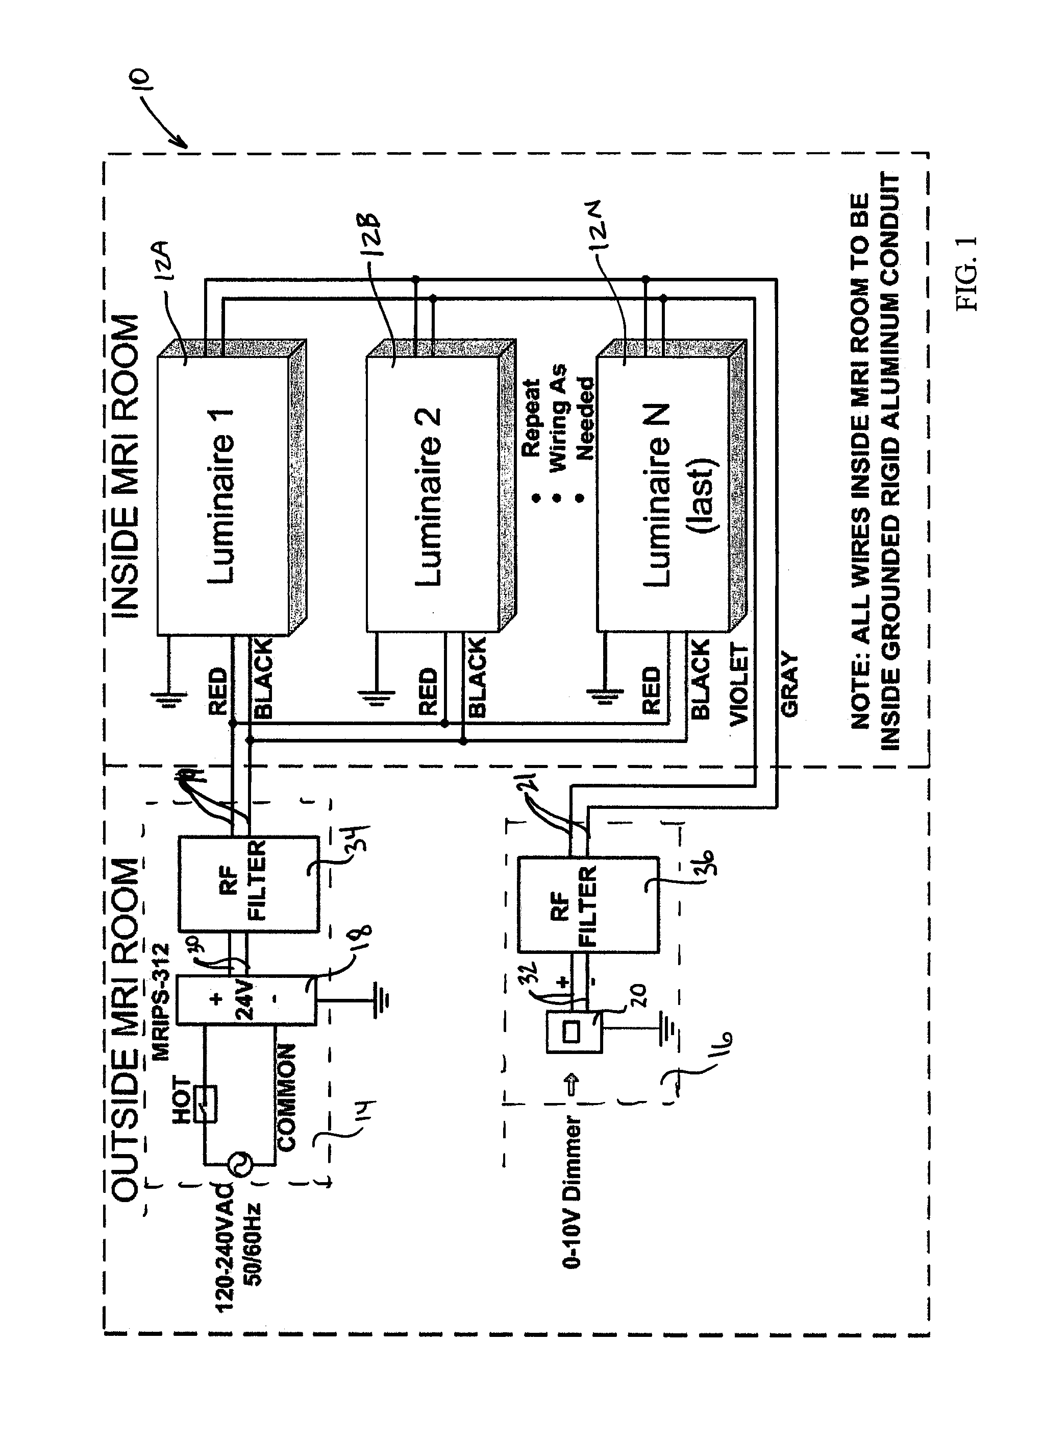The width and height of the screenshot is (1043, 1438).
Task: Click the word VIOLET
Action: pos(739,683)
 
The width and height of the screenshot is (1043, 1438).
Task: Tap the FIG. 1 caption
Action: pos(967,273)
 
